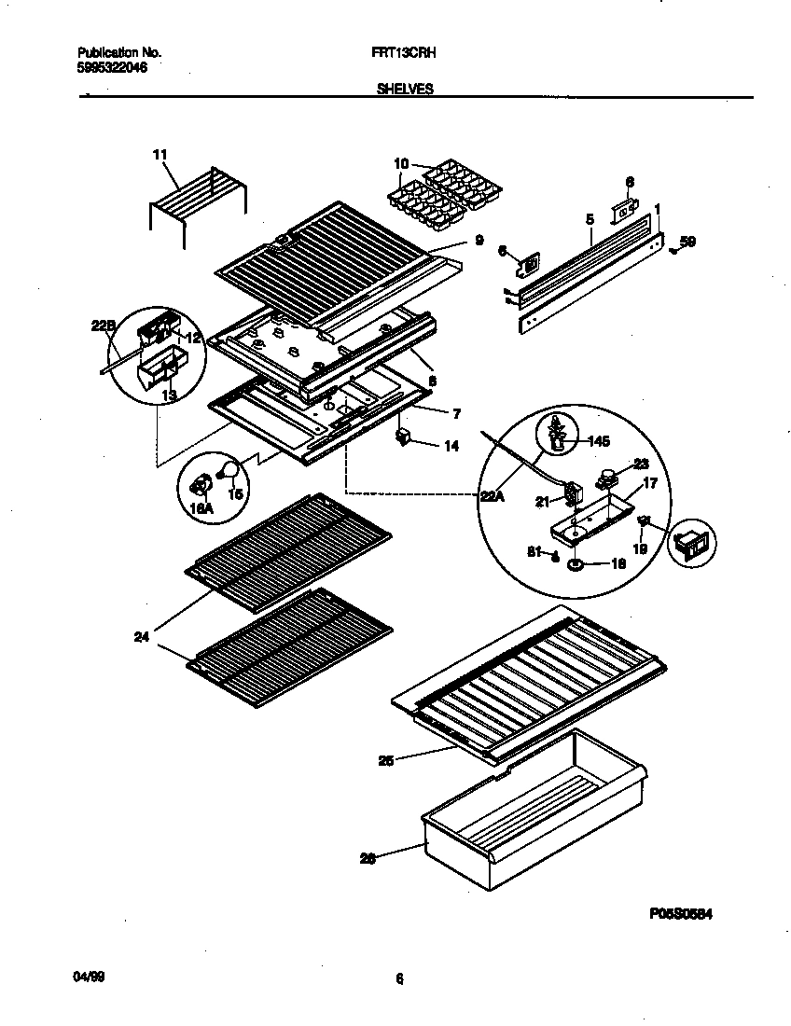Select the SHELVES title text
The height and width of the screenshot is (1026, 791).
tap(404, 89)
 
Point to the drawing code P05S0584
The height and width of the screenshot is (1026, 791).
tap(681, 916)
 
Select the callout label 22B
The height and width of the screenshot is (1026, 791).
tap(103, 325)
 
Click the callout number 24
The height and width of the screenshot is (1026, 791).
tap(143, 639)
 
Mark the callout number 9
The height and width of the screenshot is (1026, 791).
tap(479, 240)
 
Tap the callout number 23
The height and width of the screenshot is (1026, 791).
tap(641, 463)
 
